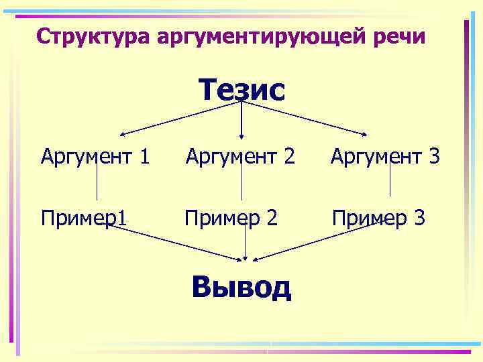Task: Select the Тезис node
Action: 241,90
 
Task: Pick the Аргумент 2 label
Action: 240,158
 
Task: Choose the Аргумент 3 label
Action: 385,158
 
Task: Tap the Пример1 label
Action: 85,218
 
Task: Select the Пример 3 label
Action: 378,218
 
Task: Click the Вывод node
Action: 241,287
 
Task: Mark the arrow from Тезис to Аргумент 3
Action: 305,118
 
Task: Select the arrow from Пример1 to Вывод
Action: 178,243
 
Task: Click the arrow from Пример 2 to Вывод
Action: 246,245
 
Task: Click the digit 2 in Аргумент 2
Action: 288,158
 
